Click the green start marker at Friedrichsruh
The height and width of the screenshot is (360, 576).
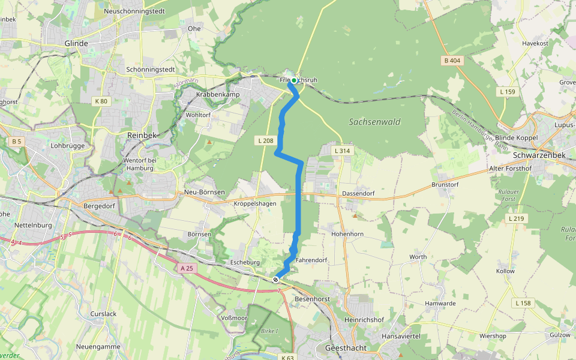[294, 80]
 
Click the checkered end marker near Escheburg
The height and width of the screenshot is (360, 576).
[275, 280]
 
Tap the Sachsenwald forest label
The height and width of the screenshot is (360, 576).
[374, 122]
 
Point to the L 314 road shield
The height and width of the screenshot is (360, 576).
[342, 151]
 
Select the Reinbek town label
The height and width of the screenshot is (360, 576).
[142, 136]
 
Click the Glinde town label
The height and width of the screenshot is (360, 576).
[76, 43]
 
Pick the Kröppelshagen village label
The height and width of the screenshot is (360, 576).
[254, 203]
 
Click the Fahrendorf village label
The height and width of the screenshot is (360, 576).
[311, 260]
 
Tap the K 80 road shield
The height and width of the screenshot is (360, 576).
[101, 101]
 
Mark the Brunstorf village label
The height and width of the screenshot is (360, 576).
[445, 185]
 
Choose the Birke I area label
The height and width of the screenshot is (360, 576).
[270, 331]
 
